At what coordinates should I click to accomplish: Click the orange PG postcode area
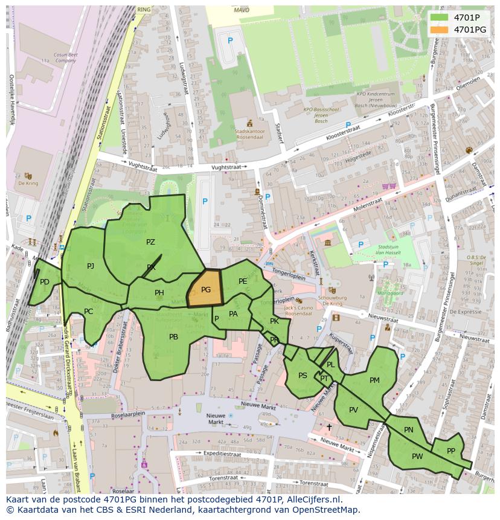coord(205,289)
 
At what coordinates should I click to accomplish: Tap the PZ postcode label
coord(150,242)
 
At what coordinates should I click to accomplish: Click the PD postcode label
coord(45,282)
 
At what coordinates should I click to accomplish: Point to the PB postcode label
coord(173,337)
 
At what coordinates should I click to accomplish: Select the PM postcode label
coord(374,380)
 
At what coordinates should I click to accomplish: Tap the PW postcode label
coord(417,457)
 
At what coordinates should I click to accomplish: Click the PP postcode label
coord(450,451)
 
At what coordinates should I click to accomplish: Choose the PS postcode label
coord(303,376)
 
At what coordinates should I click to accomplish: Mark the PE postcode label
coord(243,281)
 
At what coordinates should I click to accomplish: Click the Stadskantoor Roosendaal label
coord(249,133)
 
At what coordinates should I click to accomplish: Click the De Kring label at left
coord(28,183)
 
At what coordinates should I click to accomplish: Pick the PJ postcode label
coord(91,266)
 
